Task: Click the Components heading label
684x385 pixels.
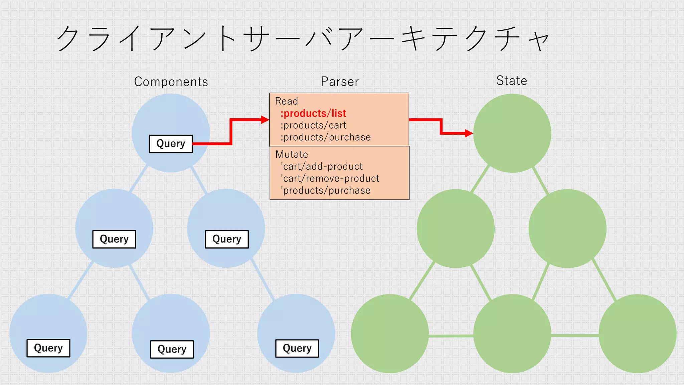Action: (171, 82)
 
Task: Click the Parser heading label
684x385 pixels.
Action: (340, 82)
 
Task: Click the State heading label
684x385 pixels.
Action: (511, 81)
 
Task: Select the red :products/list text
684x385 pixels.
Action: (313, 113)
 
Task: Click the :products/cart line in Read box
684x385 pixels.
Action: (313, 125)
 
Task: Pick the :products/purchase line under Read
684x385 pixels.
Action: (326, 137)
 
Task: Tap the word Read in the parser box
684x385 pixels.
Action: (286, 101)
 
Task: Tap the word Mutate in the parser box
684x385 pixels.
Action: (292, 154)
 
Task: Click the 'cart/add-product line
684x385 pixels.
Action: (322, 166)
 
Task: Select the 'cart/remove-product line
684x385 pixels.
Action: (330, 178)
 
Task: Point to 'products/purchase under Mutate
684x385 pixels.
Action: (326, 190)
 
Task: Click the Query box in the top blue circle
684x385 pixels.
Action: (171, 144)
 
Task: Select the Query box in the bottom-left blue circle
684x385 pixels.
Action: (48, 348)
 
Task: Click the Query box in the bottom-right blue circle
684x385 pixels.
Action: (297, 349)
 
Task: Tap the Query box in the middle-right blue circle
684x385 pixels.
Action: (227, 239)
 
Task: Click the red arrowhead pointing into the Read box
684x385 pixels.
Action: (265, 120)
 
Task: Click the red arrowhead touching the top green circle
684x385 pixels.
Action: (469, 133)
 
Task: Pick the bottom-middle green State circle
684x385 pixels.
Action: (512, 334)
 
